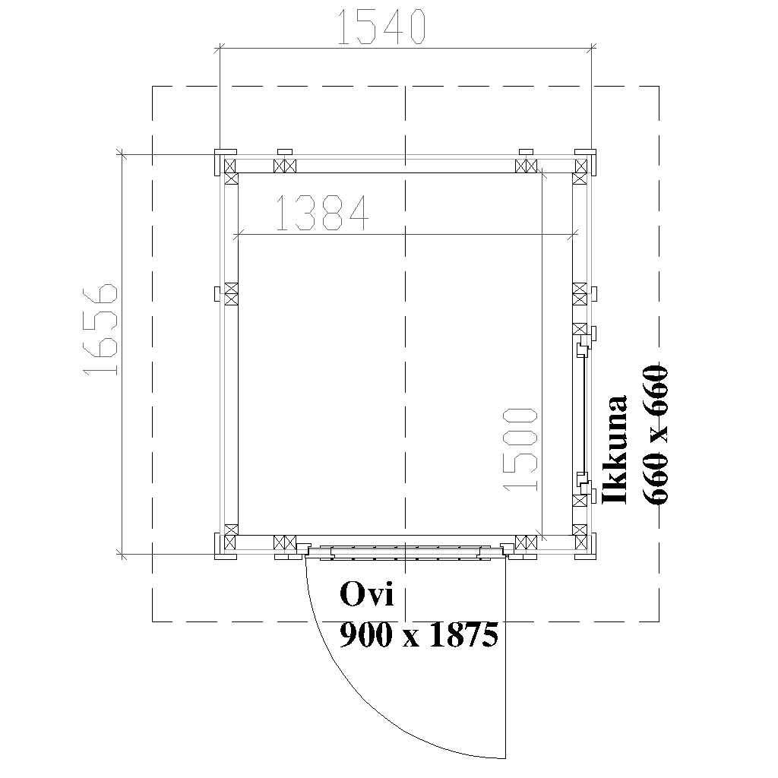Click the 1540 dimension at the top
(x=381, y=27)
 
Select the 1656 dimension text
(x=101, y=330)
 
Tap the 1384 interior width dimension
(x=322, y=213)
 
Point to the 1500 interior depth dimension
(x=520, y=450)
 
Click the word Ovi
(x=367, y=594)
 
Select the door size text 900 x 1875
(x=419, y=634)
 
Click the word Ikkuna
(x=614, y=450)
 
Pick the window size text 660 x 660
(x=656, y=435)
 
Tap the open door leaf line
(x=505, y=657)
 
